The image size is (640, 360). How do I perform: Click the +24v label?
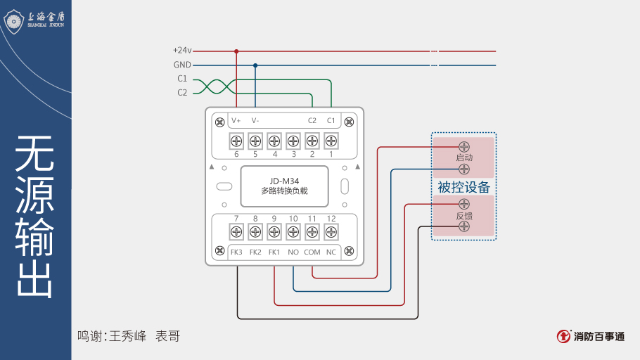(x=182, y=51)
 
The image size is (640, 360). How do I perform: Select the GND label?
(x=182, y=65)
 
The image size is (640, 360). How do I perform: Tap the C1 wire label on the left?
(x=182, y=79)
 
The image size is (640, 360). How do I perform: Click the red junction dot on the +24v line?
(x=236, y=51)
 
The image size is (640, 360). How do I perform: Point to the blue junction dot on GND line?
(x=255, y=65)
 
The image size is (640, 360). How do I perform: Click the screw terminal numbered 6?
(x=236, y=140)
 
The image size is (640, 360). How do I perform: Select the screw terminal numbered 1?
(x=331, y=140)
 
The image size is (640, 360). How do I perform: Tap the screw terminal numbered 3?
(x=293, y=140)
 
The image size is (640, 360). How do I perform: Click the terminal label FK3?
(x=236, y=252)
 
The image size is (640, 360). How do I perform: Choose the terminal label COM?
(x=312, y=252)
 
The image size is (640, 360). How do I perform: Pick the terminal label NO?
(x=293, y=252)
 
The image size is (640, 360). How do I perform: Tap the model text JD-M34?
(x=284, y=179)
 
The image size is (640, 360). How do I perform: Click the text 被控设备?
(x=463, y=188)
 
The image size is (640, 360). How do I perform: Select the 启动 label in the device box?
(x=464, y=158)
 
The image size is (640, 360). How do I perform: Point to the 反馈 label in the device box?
(x=464, y=216)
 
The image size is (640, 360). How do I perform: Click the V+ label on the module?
(x=236, y=120)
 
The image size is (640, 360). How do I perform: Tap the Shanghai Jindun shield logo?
(x=14, y=20)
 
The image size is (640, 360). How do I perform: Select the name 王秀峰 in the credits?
(x=128, y=336)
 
